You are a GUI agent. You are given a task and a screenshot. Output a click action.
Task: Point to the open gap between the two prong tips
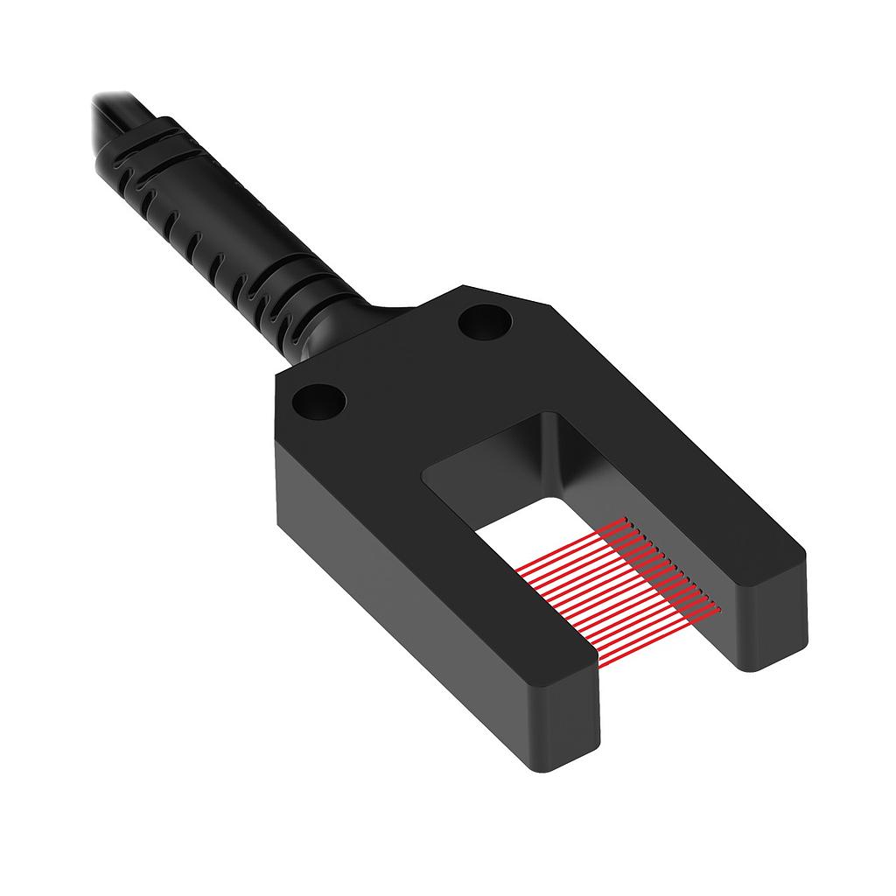click(665, 674)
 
